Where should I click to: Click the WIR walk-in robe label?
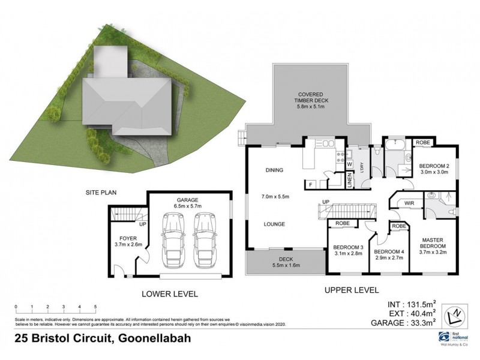pos(410,203)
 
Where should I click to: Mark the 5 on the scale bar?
pos(95,306)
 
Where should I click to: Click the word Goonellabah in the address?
pos(152,338)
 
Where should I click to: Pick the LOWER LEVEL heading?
pos(169,294)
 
